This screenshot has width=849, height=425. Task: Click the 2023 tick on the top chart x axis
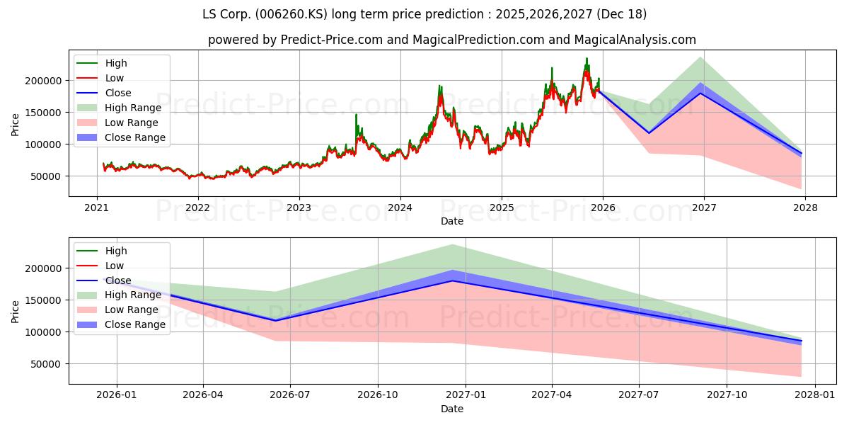click(299, 208)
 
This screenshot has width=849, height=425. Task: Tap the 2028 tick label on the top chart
click(805, 208)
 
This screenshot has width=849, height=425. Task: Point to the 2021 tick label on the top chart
click(97, 208)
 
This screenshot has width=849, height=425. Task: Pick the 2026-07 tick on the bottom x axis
click(291, 395)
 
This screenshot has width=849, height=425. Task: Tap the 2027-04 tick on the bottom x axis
click(553, 395)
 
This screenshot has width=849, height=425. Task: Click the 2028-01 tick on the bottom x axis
click(815, 395)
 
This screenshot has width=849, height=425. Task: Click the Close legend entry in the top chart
click(117, 93)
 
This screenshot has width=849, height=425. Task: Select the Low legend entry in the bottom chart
click(114, 266)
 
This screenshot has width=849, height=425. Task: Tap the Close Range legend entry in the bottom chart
click(135, 325)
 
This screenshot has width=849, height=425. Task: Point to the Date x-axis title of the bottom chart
click(452, 409)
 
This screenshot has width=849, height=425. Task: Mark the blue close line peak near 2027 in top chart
click(700, 93)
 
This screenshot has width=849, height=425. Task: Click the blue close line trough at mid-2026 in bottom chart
click(276, 321)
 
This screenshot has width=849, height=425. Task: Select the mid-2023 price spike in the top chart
click(356, 115)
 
